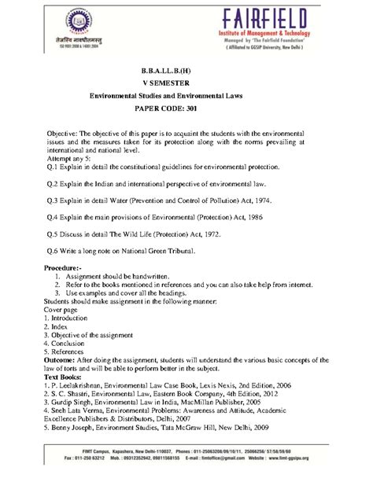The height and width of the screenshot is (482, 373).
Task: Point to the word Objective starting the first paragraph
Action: click(x=65, y=128)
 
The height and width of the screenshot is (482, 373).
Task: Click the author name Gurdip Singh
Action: click(x=79, y=402)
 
